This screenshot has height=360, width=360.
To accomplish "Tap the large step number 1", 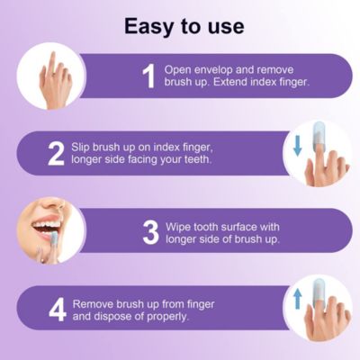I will pyautogui.click(x=149, y=76).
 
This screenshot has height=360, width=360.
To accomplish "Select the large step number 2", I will pyautogui.click(x=56, y=155).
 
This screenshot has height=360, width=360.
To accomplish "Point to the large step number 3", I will pyautogui.click(x=149, y=232).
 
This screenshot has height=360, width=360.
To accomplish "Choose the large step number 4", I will pyautogui.click(x=56, y=310).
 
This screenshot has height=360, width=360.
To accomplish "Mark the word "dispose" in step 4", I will pyautogui.click(x=117, y=318).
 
